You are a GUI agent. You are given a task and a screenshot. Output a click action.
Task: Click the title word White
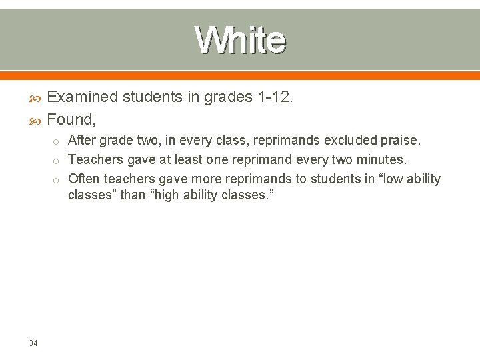pos(241,40)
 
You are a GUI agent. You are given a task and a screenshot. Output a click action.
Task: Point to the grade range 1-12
pos(274,98)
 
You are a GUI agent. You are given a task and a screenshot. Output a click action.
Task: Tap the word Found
pos(71,120)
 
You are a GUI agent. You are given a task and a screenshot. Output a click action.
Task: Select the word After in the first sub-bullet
pos(82,141)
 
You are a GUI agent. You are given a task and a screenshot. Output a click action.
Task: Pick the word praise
pos(399,141)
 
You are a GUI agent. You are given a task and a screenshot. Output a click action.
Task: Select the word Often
pos(85,179)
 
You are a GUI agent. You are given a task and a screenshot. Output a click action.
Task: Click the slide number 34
pos(33,343)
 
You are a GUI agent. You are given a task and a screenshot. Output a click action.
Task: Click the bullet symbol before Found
pos(37,121)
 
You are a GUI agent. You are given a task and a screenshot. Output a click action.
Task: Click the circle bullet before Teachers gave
pos(58,161)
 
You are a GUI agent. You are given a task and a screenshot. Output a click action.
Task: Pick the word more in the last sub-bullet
pos(210,179)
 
